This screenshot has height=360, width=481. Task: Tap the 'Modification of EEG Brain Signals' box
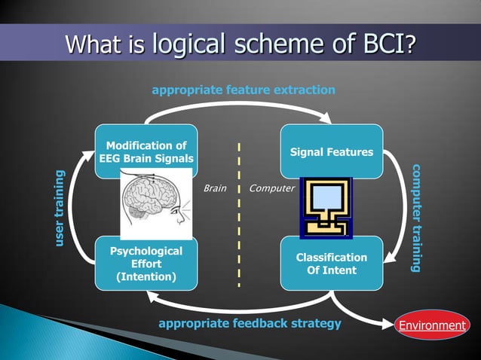tap(146, 151)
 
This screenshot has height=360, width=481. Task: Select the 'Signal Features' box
tap(331, 151)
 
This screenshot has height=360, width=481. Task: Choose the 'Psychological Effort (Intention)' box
tap(146, 264)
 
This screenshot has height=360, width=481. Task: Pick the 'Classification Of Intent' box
tap(331, 264)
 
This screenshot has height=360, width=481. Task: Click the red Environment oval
tap(432, 325)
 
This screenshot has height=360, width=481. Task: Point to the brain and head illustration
tap(156, 203)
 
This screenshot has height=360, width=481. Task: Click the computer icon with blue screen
tap(326, 206)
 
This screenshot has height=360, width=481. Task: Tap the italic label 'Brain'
tap(215, 188)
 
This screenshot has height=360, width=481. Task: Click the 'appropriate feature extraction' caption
tap(244, 90)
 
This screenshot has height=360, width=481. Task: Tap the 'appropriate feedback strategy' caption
tap(250, 324)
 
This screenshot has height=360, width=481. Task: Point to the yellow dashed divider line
tap(240, 215)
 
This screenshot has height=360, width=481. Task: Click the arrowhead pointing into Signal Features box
tap(326, 118)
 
